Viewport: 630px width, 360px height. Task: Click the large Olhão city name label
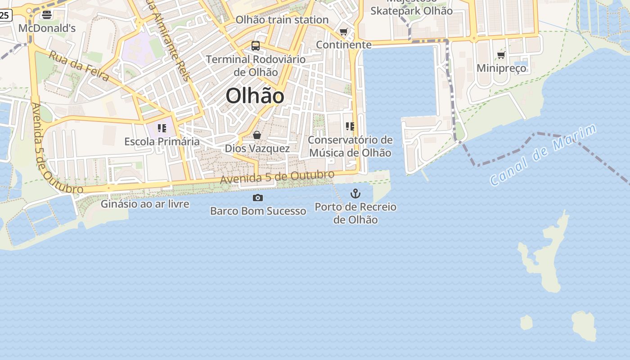[x=255, y=96]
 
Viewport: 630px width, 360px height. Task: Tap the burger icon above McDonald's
[x=46, y=15]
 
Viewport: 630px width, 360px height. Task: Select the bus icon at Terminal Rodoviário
[x=256, y=45]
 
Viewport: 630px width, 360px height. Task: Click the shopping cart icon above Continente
[x=344, y=32]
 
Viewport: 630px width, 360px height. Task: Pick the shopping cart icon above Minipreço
[x=501, y=55]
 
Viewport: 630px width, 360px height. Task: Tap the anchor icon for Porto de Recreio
[x=355, y=193]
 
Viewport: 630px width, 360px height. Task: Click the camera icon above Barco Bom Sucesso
[x=258, y=198]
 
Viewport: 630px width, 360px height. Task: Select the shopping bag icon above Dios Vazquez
[x=257, y=135]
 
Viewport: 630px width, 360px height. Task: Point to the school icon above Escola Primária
[x=162, y=128]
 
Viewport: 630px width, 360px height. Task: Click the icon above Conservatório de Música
[x=350, y=126]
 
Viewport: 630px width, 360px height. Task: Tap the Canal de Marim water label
[x=543, y=155]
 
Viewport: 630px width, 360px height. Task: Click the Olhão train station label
[x=282, y=20]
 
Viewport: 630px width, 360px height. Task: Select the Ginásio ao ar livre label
[x=145, y=204]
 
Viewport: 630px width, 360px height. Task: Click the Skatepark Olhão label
[x=411, y=11]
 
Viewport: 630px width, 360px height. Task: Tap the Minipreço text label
[x=501, y=68]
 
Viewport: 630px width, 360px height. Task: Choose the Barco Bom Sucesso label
[x=258, y=211]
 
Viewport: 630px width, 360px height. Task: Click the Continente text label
[x=344, y=45]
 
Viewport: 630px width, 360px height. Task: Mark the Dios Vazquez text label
[x=257, y=148]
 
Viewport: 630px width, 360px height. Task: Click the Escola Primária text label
[x=162, y=141]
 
